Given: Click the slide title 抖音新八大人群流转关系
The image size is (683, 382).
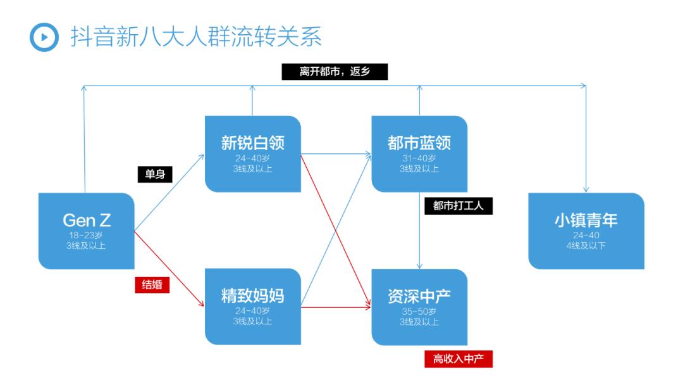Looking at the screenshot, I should click(x=196, y=37).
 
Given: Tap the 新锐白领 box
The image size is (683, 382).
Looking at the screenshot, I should click(x=252, y=153).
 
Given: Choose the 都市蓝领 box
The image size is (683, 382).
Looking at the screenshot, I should click(x=419, y=153).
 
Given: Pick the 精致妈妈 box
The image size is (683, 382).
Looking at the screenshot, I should click(x=252, y=307).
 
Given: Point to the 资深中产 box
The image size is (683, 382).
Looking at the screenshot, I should click(x=419, y=307).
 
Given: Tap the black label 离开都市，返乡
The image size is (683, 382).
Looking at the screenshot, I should click(x=335, y=72).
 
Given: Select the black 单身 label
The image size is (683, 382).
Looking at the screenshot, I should click(x=155, y=174).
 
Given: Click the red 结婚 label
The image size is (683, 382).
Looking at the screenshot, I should click(x=152, y=285).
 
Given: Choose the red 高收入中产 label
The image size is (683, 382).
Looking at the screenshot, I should click(x=458, y=359).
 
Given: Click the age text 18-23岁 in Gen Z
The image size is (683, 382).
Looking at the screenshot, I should click(x=87, y=235).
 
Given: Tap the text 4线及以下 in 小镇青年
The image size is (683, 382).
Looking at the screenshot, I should click(x=586, y=245).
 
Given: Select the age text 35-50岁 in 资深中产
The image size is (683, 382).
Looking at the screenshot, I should click(x=419, y=312).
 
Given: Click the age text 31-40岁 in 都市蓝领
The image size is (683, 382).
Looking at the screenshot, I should click(x=419, y=158).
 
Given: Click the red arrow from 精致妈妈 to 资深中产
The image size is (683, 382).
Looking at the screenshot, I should click(x=335, y=307).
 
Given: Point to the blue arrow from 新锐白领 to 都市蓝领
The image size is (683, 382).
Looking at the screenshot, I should click(x=335, y=153).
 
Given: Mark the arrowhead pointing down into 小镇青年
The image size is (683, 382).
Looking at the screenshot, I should click(x=586, y=189).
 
